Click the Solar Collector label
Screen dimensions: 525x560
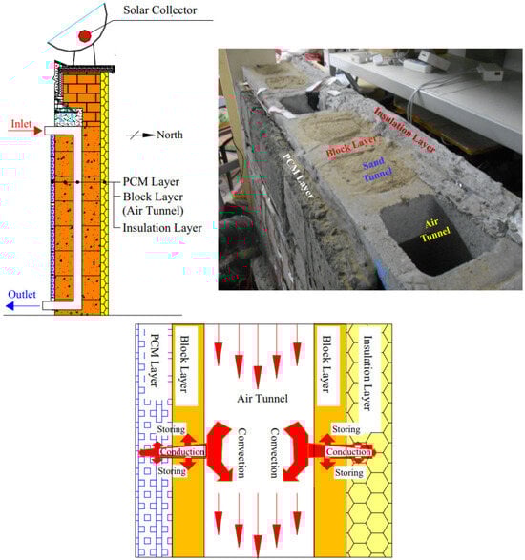click(159, 10)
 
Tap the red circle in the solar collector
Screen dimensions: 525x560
click(85, 36)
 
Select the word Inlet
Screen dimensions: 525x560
click(21, 124)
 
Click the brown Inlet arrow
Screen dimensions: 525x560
click(26, 131)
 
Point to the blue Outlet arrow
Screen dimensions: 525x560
click(23, 306)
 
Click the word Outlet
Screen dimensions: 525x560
click(22, 294)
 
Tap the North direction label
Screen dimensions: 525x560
click(170, 135)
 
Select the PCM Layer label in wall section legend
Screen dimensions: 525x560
click(151, 182)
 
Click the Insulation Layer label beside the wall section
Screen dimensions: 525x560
click(162, 228)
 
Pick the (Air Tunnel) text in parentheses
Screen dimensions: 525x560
click(153, 211)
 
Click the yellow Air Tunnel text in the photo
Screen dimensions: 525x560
click(433, 230)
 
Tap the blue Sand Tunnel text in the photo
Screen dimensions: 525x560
click(376, 169)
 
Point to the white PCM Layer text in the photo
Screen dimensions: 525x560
click(298, 176)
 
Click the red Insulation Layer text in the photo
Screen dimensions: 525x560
click(404, 130)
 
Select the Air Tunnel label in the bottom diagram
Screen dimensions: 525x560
click(262, 398)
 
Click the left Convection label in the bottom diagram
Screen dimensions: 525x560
click(241, 453)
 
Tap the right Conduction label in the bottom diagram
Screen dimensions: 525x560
click(348, 452)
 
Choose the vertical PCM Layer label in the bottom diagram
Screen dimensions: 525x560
click(155, 361)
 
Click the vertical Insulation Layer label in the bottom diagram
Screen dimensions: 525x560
click(367, 372)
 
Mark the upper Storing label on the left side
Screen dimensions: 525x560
click(172, 429)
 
